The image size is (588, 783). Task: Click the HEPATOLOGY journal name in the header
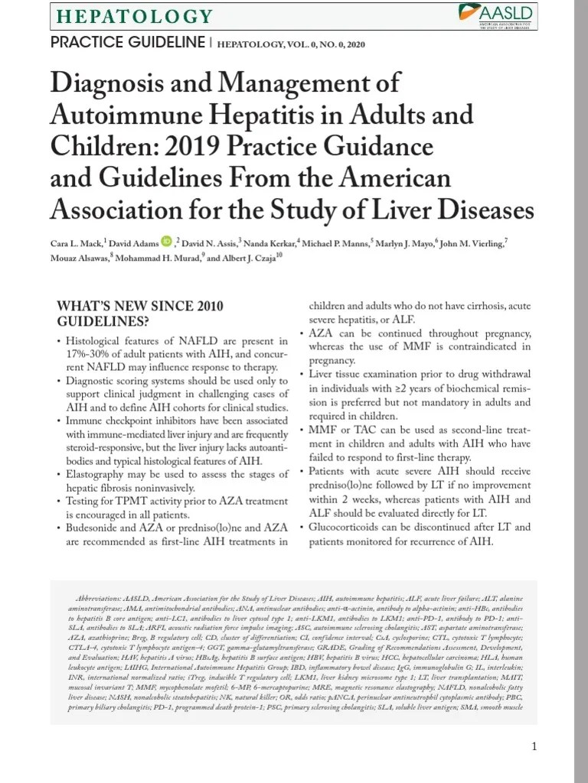tap(136, 15)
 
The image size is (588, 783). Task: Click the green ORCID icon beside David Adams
tap(167, 242)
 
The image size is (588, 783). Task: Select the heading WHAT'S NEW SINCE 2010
tap(140, 306)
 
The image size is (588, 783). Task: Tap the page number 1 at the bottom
tap(534, 746)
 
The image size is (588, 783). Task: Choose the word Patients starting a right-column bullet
tap(329, 472)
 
